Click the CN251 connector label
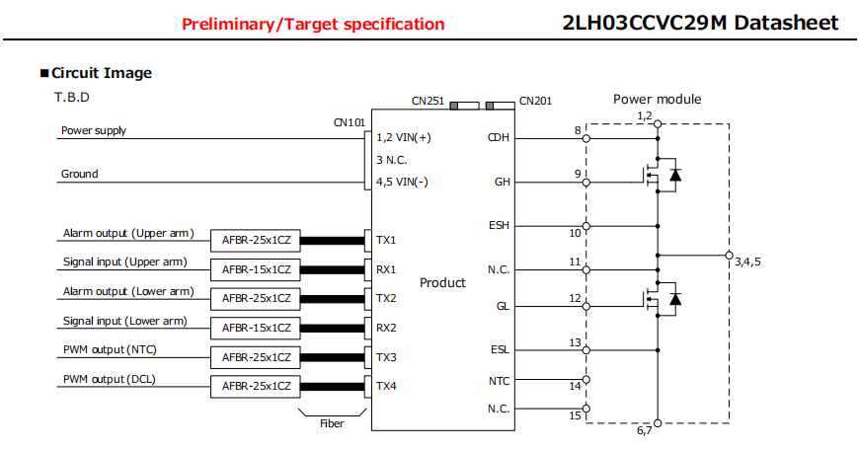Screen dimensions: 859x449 [428, 101]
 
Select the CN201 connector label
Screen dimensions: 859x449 [535, 101]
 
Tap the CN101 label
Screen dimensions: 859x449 [349, 122]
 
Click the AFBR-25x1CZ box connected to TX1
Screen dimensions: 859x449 [256, 241]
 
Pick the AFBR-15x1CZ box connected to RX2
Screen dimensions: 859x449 [256, 328]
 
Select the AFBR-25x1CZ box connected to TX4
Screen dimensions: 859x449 [256, 387]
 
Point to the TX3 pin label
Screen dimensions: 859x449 [386, 357]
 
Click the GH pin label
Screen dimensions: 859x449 [502, 182]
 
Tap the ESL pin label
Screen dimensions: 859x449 [500, 349]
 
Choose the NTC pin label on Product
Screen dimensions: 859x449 [499, 381]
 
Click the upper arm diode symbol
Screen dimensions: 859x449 [675, 176]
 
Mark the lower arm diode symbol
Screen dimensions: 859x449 [675, 299]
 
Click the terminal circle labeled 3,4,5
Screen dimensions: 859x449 [730, 256]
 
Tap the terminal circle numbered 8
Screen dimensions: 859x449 [586, 138]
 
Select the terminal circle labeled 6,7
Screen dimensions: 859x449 [658, 423]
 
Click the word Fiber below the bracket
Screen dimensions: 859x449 [332, 423]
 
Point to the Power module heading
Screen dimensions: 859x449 [657, 99]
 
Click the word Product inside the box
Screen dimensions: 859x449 [442, 282]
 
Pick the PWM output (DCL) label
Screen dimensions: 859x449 [110, 379]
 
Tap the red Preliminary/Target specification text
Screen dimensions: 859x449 [313, 24]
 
